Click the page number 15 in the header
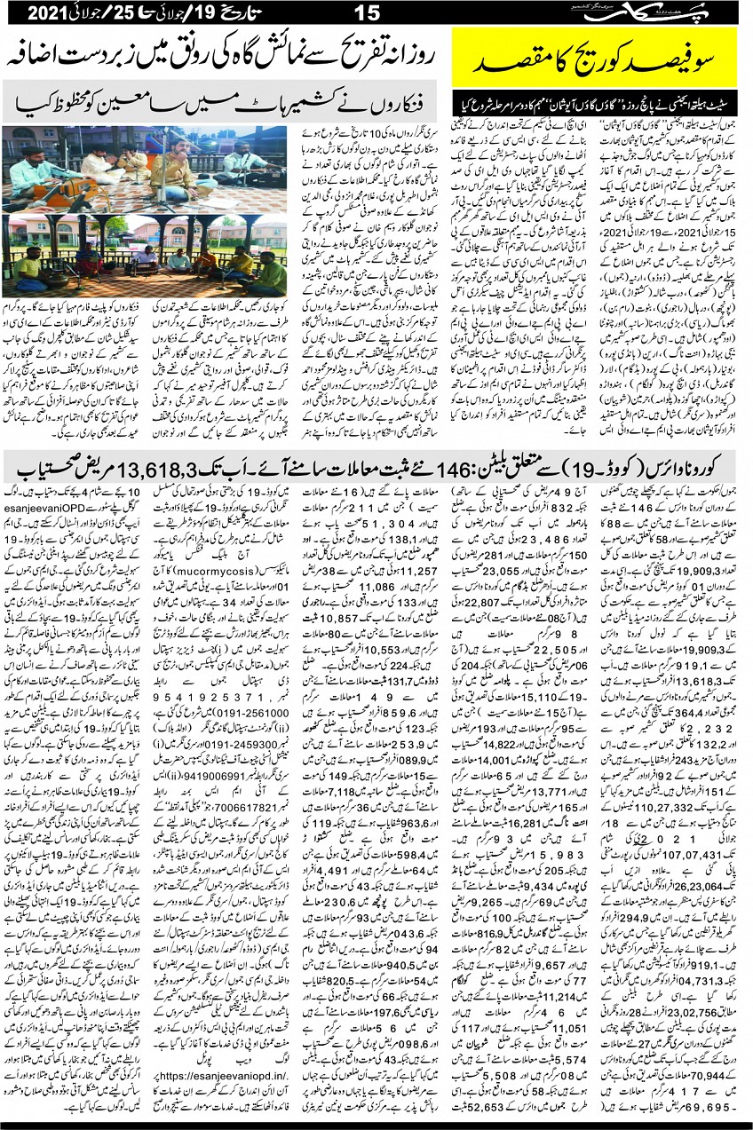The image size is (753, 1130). [x=366, y=14]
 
